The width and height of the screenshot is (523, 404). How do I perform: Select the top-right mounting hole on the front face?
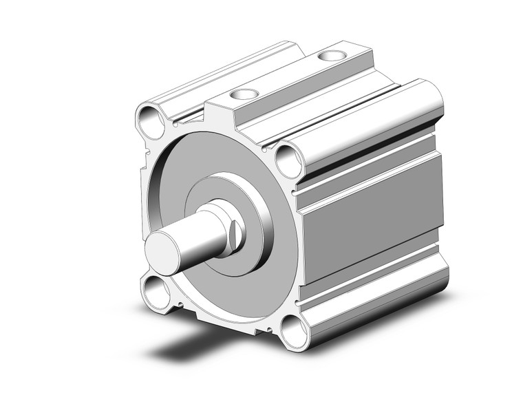(289, 161)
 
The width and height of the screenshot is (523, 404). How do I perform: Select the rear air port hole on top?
(332, 54)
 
